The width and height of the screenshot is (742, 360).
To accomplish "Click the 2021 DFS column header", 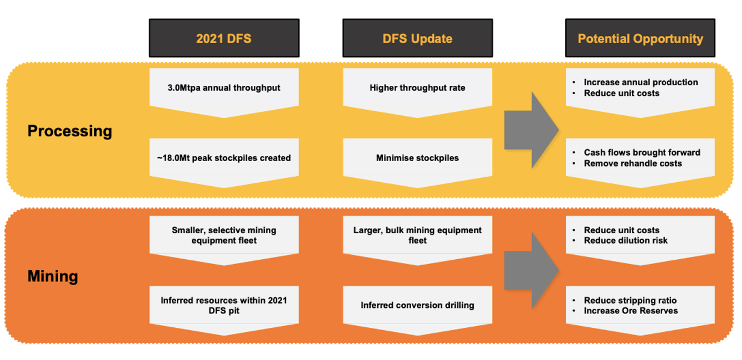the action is (x=224, y=38).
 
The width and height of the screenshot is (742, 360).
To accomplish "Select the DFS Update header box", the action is (x=418, y=38).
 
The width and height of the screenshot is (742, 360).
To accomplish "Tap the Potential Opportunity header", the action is (x=640, y=38).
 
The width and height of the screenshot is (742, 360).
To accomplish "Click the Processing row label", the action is (x=70, y=131).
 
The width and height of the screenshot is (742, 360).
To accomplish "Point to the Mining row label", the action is (x=53, y=276).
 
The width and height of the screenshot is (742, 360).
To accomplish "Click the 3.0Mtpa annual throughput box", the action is (x=224, y=92).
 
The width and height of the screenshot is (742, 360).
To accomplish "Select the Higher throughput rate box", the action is (x=418, y=92).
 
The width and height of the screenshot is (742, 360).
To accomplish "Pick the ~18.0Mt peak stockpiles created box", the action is (x=224, y=163).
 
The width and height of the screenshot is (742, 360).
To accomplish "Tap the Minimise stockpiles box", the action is (x=418, y=163).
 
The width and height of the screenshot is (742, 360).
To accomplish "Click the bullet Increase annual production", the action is (x=641, y=82).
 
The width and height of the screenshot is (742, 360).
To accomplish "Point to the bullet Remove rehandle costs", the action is (x=633, y=163).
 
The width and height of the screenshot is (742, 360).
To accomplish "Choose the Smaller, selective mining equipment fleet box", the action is (x=224, y=240).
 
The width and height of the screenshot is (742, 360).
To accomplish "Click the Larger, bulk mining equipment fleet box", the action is (x=418, y=240).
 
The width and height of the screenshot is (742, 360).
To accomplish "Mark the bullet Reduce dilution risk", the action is (x=626, y=240).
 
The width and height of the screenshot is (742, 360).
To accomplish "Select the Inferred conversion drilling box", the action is (x=418, y=311).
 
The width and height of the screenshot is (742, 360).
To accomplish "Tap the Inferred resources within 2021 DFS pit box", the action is (x=224, y=311).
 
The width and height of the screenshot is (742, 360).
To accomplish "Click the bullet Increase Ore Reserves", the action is (x=631, y=311).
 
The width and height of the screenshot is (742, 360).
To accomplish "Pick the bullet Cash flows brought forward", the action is (x=642, y=152).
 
